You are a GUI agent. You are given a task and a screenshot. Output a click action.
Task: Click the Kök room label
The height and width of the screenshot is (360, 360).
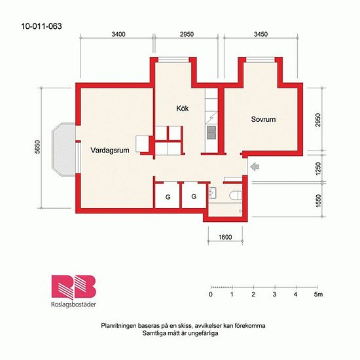coord(183,109)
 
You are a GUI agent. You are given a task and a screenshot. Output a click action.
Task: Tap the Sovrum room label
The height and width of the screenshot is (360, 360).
coord(263,119)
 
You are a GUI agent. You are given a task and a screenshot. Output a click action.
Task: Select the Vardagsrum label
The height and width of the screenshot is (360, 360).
coord(110,150)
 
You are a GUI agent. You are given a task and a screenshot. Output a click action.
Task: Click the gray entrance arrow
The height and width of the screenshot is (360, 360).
coord(255,167)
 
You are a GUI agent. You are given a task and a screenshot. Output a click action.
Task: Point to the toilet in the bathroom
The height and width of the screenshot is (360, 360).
coord(236,196)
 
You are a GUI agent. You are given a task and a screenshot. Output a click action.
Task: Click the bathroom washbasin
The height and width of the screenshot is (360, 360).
coord(213,193)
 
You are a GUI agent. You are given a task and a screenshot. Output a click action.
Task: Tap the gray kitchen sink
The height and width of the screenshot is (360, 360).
coord(211,132)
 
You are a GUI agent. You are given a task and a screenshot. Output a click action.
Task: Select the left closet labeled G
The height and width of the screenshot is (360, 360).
coord(168,197)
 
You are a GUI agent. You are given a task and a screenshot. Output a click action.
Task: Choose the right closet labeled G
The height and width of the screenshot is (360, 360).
coord(194,196)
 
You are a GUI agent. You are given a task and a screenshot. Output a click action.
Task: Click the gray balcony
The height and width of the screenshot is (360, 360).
coord(63,149)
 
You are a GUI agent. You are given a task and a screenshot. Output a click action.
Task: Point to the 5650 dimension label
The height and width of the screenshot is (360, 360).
coord(38,147)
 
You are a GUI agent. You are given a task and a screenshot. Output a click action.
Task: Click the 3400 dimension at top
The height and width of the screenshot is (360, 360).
coord(118,34)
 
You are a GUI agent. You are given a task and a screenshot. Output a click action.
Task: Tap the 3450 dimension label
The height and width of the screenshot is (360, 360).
coord(261,34)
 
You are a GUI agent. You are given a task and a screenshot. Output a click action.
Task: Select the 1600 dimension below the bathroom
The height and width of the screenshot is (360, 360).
coord(225,237)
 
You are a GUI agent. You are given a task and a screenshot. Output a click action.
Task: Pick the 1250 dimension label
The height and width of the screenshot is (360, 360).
coord(318,169)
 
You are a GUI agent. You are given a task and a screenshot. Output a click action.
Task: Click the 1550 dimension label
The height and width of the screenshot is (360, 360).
coord(318,201)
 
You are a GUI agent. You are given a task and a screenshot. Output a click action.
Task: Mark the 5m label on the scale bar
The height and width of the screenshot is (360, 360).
coord(319,295)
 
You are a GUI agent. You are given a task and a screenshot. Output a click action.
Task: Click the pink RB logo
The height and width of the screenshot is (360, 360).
coord(73,287)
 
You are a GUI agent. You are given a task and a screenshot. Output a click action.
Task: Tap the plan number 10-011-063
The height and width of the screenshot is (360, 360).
coord(41,26)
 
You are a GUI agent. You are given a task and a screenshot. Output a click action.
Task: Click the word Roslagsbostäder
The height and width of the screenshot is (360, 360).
coord(73,304)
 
